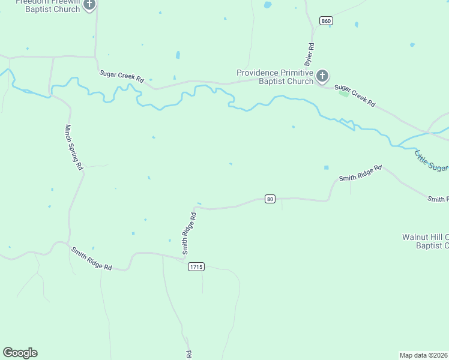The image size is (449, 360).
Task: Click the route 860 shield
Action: click(x=326, y=21)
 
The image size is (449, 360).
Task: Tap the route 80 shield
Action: click(x=270, y=199)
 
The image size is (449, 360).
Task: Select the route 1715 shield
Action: click(x=196, y=266)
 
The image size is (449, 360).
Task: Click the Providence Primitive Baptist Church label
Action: click(x=275, y=77)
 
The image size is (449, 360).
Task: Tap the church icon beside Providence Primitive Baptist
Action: click(x=322, y=76)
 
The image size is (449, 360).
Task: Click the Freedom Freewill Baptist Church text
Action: click(x=47, y=6)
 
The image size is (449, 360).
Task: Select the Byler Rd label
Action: click(x=310, y=55)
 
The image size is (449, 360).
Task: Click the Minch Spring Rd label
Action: click(x=73, y=148)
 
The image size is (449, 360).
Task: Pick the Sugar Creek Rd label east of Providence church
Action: click(x=355, y=95)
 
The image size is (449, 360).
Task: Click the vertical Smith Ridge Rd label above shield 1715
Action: click(x=189, y=232)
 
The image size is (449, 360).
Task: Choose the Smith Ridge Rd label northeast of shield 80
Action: click(x=360, y=173)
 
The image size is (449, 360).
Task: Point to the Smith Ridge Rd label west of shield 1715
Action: click(x=91, y=259)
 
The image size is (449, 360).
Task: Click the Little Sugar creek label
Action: click(x=431, y=160)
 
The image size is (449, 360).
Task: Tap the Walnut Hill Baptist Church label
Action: click(x=425, y=241)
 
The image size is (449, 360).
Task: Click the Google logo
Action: click(x=20, y=353)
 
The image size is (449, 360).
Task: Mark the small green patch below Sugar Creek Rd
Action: click(x=343, y=94)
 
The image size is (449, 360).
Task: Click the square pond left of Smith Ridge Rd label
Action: click(x=327, y=167)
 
